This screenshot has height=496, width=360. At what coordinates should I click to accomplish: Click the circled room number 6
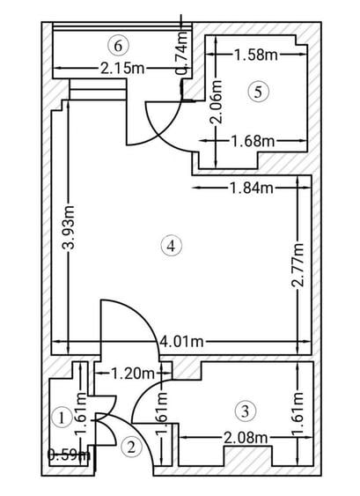[x=118, y=46]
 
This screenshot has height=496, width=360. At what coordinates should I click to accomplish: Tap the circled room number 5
[x=258, y=92]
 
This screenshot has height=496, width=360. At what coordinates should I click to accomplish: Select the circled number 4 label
[x=172, y=246]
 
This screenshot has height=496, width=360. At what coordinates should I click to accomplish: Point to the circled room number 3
[x=246, y=411]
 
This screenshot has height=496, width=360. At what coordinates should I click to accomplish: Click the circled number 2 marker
[x=131, y=448]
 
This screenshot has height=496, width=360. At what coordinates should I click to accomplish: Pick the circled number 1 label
[x=62, y=418]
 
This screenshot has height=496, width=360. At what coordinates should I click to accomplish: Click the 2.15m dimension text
[x=122, y=68]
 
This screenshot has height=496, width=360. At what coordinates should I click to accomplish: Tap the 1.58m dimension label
[x=256, y=55]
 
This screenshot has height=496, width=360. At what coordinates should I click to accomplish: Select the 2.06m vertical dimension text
[x=217, y=101]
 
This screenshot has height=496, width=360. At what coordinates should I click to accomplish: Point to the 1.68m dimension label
[x=253, y=141]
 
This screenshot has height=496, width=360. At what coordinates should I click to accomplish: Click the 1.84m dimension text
[x=251, y=188]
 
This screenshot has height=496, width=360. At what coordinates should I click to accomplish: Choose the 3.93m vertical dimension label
[x=69, y=226]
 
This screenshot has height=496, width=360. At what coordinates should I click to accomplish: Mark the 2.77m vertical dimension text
[x=298, y=264]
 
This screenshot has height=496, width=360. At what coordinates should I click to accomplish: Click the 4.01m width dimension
[x=181, y=341]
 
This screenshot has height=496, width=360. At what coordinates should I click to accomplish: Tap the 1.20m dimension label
[x=133, y=374]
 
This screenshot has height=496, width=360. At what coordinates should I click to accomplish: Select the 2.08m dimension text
[x=246, y=438]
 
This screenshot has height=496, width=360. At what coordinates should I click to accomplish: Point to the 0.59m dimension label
[x=69, y=455]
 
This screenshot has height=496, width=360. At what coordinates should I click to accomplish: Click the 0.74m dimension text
[x=182, y=53]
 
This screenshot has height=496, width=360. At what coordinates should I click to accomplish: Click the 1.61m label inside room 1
[x=81, y=414]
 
